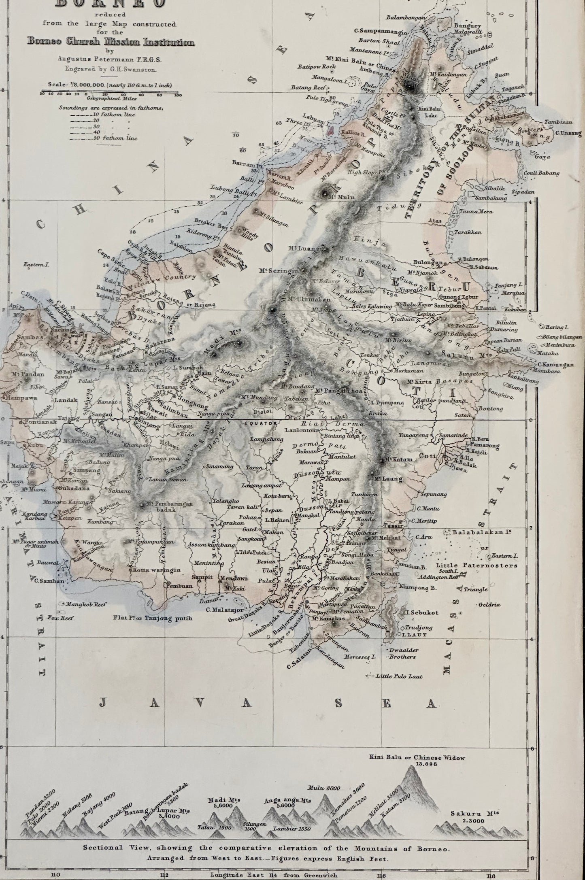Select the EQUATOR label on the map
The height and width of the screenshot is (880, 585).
(x=261, y=423)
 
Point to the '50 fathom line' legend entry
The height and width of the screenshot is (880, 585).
(x=121, y=138)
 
